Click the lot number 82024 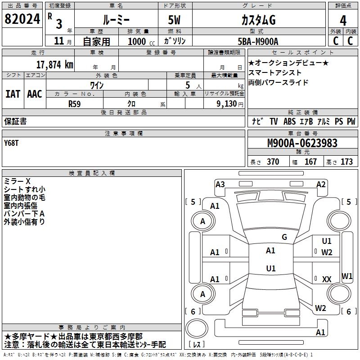(x=22, y=19)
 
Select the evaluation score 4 (x=343, y=20)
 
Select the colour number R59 (x=74, y=103)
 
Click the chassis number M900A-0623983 (x=302, y=143)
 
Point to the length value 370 (x=273, y=162)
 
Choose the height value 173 (x=346, y=162)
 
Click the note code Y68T (x=12, y=143)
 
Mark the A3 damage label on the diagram (x=220, y=184)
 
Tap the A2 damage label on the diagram (x=321, y=184)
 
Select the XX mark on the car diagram (x=327, y=279)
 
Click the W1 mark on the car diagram (x=347, y=276)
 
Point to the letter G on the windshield (x=284, y=237)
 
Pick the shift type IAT (x=13, y=94)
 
